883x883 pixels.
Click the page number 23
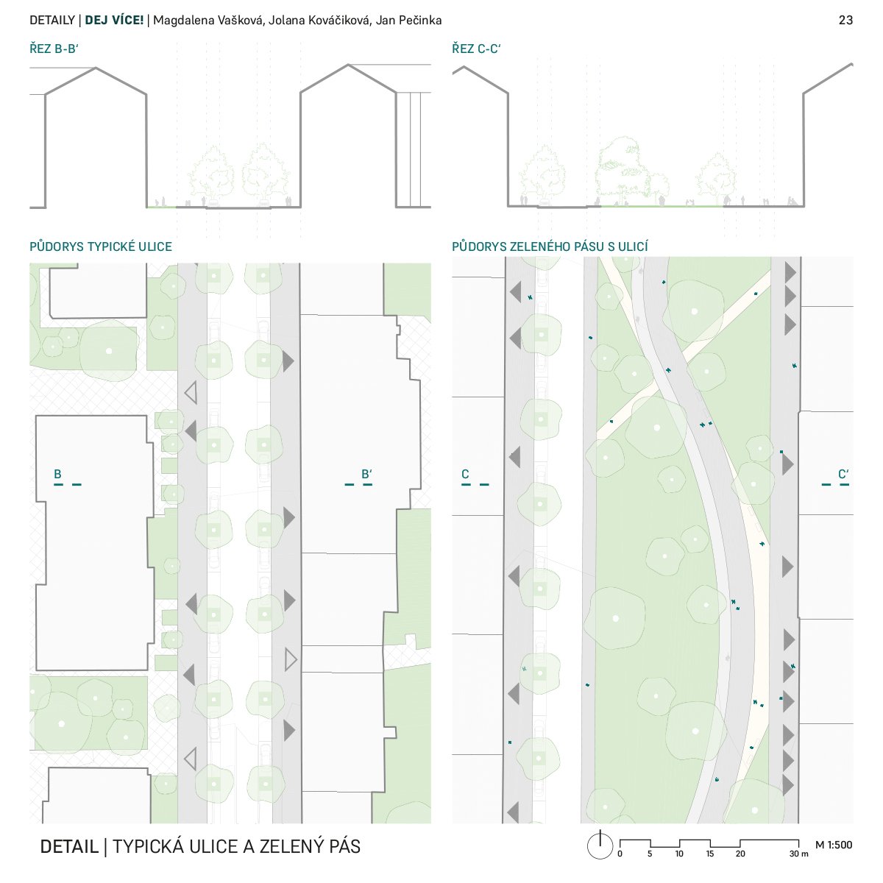click(845, 20)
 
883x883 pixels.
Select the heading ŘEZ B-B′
click(54, 49)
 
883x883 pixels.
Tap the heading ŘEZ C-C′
click(476, 49)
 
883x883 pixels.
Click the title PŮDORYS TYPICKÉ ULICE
click(101, 247)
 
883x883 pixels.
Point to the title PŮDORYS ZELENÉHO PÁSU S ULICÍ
click(550, 247)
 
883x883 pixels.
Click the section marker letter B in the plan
click(57, 474)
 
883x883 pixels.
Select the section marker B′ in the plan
click(366, 474)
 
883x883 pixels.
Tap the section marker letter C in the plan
click(465, 474)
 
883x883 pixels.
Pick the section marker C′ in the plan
click(843, 474)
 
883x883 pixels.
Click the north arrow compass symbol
click(600, 845)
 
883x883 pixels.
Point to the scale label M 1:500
click(834, 845)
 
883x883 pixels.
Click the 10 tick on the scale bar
click(679, 854)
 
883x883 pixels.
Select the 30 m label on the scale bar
click(798, 854)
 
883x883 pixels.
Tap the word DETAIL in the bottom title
click(69, 846)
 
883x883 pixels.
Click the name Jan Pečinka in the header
click(408, 20)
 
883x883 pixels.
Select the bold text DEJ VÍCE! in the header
click(114, 20)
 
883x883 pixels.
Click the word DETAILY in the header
click(52, 20)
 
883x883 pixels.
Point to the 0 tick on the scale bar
click(620, 854)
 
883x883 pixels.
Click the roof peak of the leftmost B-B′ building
click(96, 68)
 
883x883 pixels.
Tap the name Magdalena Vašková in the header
click(209, 20)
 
